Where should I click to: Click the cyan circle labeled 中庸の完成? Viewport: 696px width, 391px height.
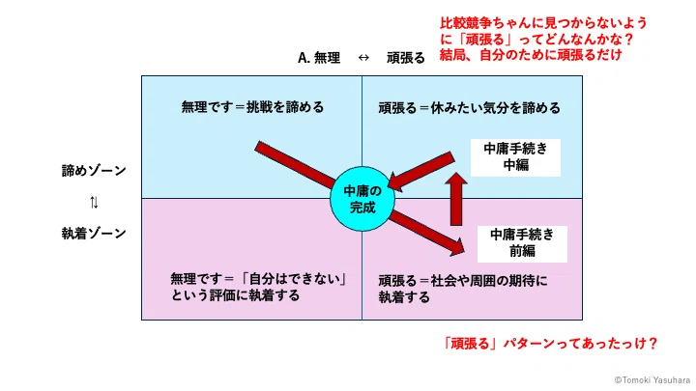(362, 199)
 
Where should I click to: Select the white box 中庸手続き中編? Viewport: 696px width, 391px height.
(515, 157)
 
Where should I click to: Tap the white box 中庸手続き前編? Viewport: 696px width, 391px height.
(522, 244)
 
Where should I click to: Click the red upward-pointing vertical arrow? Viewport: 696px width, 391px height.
(456, 199)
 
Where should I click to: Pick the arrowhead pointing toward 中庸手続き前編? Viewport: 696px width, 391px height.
(456, 247)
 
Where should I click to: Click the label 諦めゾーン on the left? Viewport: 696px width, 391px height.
(94, 171)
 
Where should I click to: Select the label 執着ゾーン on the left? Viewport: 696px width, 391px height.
(94, 234)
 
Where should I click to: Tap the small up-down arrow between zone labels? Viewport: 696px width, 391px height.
(94, 202)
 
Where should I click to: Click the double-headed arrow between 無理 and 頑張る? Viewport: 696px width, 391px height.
(363, 58)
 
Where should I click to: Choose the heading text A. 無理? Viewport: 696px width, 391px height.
(319, 58)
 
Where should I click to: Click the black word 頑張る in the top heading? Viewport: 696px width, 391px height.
(405, 58)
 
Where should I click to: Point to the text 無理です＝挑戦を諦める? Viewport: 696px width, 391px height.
(252, 107)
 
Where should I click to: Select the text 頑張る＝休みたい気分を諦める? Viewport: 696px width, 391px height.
(469, 108)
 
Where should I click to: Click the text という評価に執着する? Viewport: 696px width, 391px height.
(235, 295)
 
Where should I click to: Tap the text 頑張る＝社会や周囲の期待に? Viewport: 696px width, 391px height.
(463, 281)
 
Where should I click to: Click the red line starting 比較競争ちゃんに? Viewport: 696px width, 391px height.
(543, 22)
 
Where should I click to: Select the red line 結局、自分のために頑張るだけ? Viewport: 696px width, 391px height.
(531, 55)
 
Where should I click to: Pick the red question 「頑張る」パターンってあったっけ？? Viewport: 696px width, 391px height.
(550, 343)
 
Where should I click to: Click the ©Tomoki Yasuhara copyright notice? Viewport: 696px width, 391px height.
(652, 380)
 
